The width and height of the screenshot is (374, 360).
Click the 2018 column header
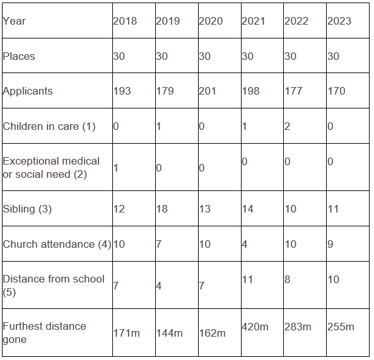(125, 21)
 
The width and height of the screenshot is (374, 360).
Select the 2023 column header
(339, 21)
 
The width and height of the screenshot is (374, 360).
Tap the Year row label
(14, 21)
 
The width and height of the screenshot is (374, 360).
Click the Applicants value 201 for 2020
(207, 91)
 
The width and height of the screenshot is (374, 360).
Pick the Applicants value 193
(122, 91)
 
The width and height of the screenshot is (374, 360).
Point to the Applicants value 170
(336, 91)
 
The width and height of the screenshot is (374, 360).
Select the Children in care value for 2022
(287, 126)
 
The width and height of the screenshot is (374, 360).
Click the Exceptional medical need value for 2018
(115, 168)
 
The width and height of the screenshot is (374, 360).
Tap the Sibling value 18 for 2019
(161, 209)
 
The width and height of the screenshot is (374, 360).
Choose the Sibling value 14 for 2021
(248, 209)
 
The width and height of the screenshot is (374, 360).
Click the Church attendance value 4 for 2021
(245, 244)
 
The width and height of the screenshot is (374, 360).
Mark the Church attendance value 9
(330, 244)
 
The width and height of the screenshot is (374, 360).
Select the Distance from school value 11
(247, 279)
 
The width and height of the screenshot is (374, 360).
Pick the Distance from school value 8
(287, 279)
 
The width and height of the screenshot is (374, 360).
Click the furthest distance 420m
(255, 327)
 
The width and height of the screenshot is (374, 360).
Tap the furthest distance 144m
(170, 333)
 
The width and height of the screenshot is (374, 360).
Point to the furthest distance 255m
(341, 327)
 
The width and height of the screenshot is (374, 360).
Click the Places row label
(19, 56)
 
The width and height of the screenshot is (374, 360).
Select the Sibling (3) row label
(27, 209)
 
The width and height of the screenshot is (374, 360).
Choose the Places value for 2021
(248, 56)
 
